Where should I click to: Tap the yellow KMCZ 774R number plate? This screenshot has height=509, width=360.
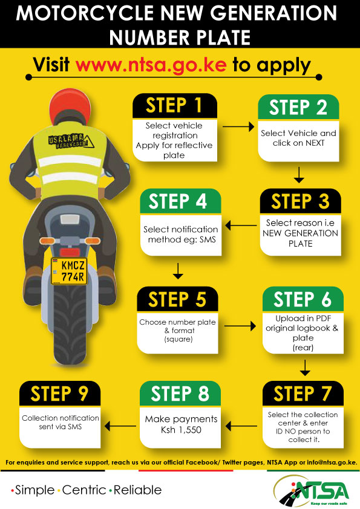coord(69,271)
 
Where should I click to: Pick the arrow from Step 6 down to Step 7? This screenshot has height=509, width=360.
coord(305,366)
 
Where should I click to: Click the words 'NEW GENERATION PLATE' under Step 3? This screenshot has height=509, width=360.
coord(300,238)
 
